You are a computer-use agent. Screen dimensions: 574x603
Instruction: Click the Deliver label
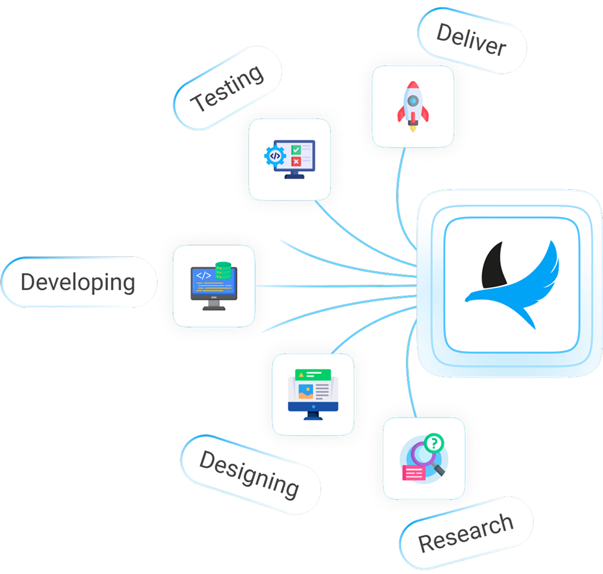(471, 40)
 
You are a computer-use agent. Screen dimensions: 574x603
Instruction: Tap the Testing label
(227, 88)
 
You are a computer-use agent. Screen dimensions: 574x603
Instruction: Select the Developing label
(78, 282)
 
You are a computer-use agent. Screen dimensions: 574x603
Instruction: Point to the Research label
(466, 532)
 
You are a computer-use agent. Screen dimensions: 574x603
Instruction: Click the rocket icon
(413, 106)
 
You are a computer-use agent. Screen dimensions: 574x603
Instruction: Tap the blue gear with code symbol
(275, 156)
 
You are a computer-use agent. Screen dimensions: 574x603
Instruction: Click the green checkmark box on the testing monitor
(296, 149)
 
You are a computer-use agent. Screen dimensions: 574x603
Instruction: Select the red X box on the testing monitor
(296, 162)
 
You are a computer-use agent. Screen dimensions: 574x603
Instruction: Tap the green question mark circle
(434, 442)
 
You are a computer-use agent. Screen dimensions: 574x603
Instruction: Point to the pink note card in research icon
(414, 473)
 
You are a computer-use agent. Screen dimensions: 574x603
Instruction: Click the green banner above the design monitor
(312, 375)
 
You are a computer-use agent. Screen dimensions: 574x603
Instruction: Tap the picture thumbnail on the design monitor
(305, 392)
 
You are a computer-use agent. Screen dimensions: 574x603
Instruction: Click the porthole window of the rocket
(413, 101)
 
